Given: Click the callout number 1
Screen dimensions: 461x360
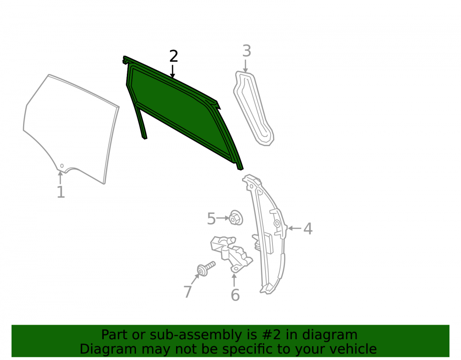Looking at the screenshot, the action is (x=60, y=192).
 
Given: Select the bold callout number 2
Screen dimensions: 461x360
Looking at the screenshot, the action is (x=174, y=56).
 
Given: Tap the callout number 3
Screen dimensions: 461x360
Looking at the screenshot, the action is (x=247, y=51).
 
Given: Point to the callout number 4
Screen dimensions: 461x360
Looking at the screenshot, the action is (x=308, y=229).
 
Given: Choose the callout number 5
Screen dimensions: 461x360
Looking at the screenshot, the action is (x=212, y=218).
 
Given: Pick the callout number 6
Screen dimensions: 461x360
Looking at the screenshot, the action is (x=235, y=295).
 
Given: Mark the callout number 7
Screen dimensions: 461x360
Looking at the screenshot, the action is (x=188, y=291).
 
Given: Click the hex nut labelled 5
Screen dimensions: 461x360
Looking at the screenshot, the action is (x=236, y=218).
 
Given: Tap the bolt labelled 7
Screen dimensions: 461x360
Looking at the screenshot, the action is (x=206, y=269).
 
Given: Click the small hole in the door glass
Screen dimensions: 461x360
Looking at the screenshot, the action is (x=62, y=166).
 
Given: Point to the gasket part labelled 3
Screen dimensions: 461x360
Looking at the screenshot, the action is (x=254, y=108).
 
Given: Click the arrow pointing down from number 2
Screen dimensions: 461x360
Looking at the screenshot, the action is (x=172, y=72).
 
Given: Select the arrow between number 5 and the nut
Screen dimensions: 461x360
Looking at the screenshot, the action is (x=223, y=218).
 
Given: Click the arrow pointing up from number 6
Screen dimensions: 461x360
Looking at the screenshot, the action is (x=234, y=280).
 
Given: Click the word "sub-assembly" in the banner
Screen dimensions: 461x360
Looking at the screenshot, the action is (x=192, y=335).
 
